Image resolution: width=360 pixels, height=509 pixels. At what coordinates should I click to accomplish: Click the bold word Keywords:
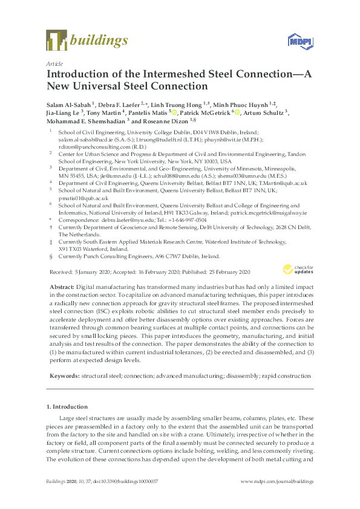coord(65,375)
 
